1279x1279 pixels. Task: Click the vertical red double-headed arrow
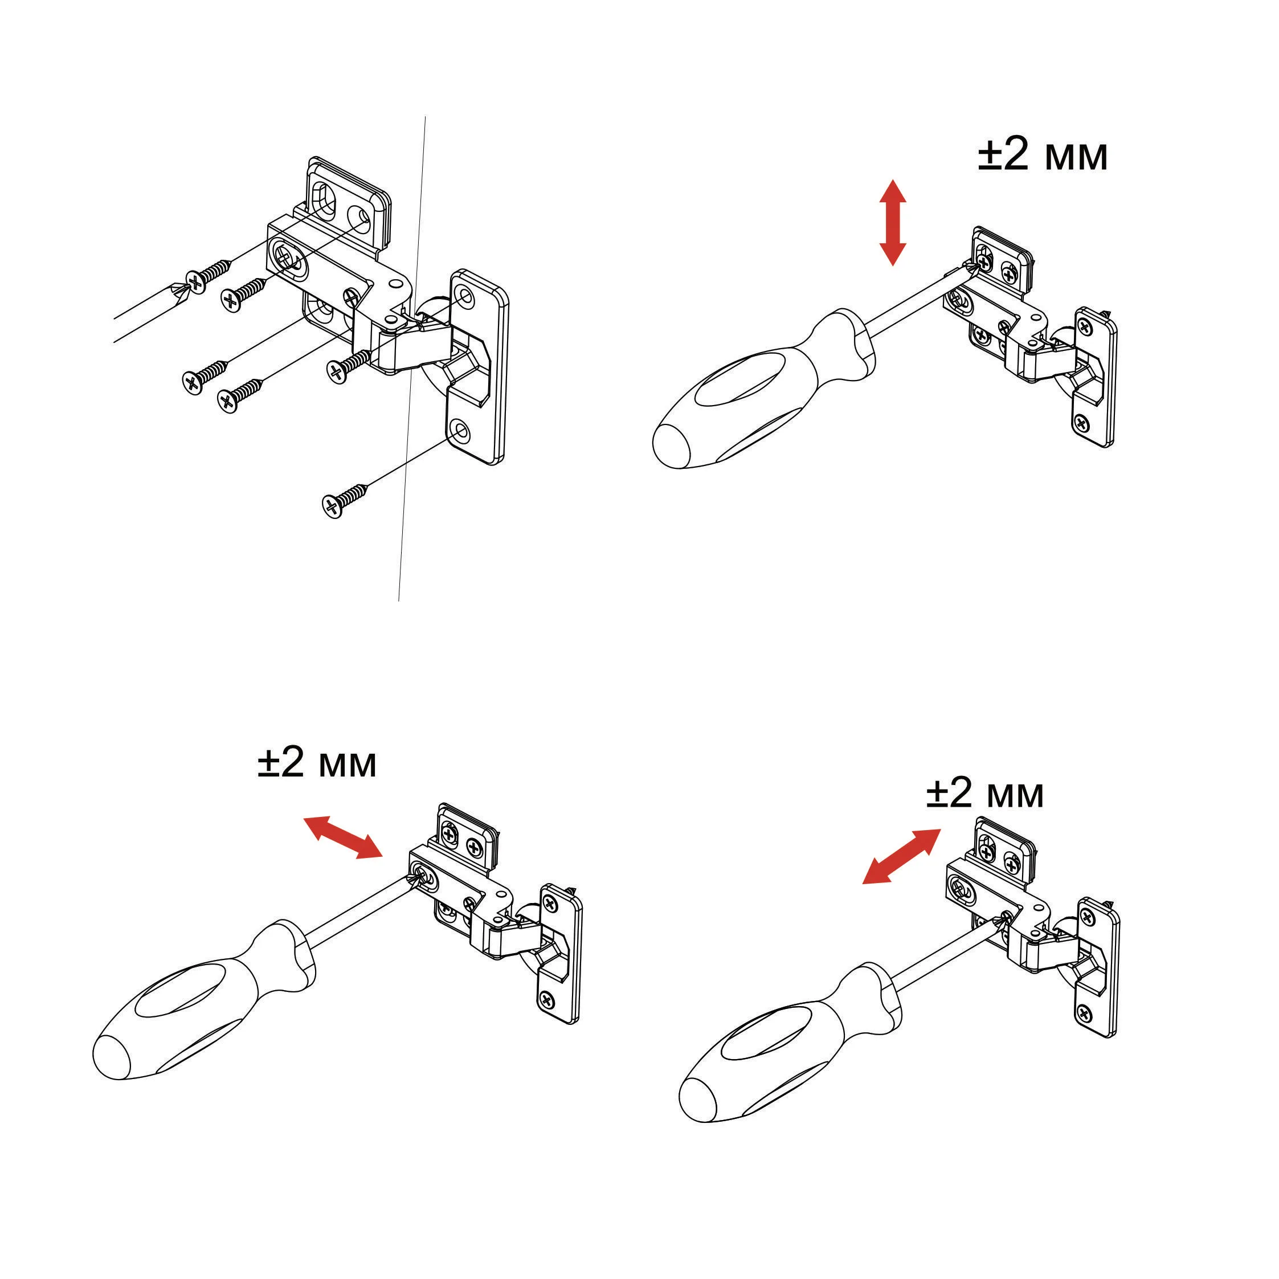pyautogui.click(x=892, y=222)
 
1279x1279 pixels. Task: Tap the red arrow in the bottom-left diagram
pyautogui.click(x=343, y=837)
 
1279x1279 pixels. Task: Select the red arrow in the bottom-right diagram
pyautogui.click(x=901, y=857)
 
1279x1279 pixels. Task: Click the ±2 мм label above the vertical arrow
pyautogui.click(x=1043, y=156)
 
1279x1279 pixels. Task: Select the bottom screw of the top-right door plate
pyautogui.click(x=1082, y=422)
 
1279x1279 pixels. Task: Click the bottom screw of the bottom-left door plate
pyautogui.click(x=547, y=999)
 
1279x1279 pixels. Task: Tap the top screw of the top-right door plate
pyautogui.click(x=1086, y=326)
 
